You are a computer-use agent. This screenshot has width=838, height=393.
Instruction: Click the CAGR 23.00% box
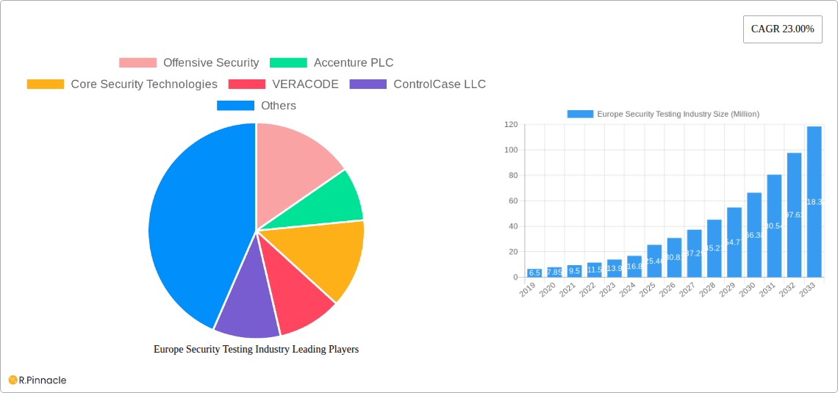pos(782,29)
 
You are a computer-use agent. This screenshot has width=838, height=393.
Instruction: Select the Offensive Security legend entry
pos(189,63)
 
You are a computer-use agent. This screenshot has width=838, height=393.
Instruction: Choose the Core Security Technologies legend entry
pos(122,84)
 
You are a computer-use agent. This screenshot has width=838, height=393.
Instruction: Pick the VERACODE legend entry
pos(284,84)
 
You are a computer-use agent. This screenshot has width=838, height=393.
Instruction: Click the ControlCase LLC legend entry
pos(418,84)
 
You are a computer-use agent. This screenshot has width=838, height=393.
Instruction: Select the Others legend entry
pos(257,106)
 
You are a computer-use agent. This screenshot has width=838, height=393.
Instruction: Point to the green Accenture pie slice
pos(331,202)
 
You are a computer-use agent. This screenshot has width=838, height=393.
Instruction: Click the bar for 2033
pos(814,202)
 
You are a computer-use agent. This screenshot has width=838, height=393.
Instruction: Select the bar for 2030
pos(754,235)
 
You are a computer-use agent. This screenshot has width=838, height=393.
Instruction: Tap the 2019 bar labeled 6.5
pos(534,273)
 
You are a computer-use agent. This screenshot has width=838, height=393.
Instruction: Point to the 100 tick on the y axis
pos(510,150)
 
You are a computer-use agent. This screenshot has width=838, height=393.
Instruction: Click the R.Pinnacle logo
pos(37,380)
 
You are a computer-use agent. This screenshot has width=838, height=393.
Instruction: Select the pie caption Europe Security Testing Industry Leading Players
pos(256,350)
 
